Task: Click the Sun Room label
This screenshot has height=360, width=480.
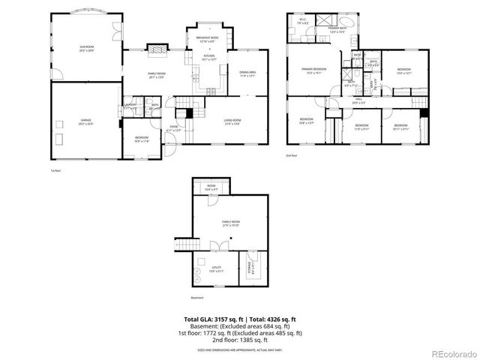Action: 87,49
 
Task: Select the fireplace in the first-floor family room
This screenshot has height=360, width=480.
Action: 156,48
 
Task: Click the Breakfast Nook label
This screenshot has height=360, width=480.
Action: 207,39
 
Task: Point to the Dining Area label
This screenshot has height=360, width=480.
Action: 247,74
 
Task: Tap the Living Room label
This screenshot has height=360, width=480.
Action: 232,121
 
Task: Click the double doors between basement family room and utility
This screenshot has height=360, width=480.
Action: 216,247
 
